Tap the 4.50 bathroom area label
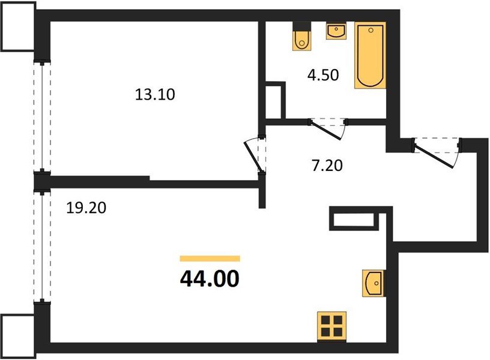(x=324, y=75)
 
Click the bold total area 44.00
(x=210, y=278)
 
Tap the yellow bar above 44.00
(x=210, y=259)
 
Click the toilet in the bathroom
(x=301, y=37)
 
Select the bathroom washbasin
(x=336, y=31)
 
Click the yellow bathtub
(x=371, y=56)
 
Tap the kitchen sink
(x=373, y=282)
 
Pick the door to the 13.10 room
(x=257, y=155)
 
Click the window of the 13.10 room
(x=41, y=116)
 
